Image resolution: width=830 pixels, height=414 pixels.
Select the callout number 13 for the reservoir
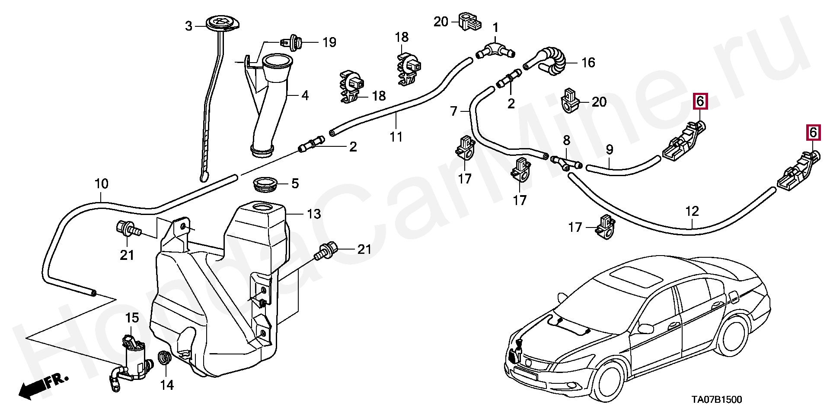tap(314, 214)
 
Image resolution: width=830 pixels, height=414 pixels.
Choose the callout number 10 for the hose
tap(101, 184)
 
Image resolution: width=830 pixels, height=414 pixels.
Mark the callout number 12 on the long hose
tap(692, 212)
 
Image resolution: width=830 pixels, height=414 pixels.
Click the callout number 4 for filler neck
tap(305, 95)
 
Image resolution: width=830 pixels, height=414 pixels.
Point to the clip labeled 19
tap(290, 43)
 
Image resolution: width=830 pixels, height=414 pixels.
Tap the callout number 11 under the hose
tap(396, 137)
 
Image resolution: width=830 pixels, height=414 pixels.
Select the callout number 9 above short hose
tap(609, 150)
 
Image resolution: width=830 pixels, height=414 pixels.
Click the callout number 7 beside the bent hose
tap(453, 112)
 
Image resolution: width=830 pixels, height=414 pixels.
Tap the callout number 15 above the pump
tap(132, 318)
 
